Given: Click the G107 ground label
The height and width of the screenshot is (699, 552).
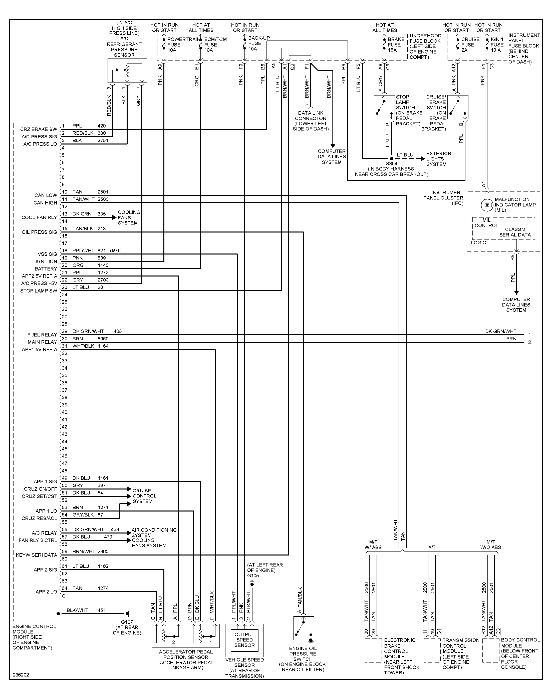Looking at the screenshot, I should click(x=127, y=622).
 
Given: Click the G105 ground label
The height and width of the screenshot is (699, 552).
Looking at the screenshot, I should click(x=253, y=575).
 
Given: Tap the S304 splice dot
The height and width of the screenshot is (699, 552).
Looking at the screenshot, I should click(x=391, y=158).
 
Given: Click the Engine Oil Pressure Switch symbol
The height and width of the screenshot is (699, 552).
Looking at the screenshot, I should click(x=304, y=628).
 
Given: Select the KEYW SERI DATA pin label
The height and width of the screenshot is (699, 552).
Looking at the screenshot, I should click(x=36, y=555).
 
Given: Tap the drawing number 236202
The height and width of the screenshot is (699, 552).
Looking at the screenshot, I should click(x=21, y=675).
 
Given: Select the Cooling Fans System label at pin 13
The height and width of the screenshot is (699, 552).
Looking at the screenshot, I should click(x=129, y=217).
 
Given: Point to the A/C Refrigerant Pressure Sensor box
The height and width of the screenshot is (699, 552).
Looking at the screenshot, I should click(x=127, y=70).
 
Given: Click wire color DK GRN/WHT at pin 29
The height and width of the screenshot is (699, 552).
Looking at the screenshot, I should click(x=88, y=331).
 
